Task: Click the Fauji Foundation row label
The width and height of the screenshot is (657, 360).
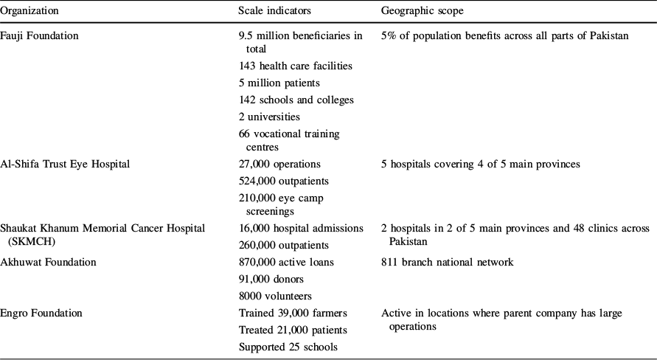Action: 39,35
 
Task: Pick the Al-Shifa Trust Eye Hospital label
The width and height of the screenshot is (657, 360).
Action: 65,164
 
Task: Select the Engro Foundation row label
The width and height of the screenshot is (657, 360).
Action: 41,313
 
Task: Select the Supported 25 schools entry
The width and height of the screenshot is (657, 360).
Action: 285,347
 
